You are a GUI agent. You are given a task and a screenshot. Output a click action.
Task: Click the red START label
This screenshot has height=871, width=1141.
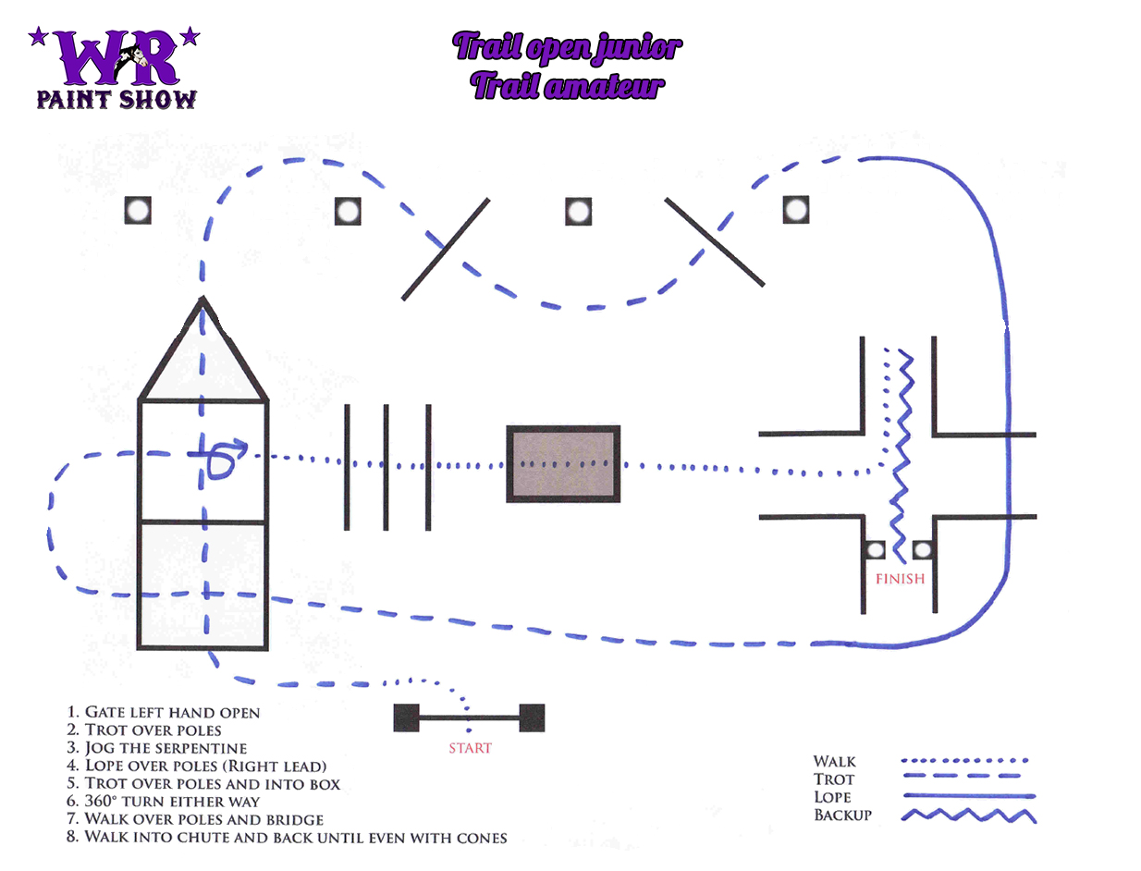coord(470,748)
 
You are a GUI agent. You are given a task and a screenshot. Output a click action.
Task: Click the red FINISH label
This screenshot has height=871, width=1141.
coord(900,580)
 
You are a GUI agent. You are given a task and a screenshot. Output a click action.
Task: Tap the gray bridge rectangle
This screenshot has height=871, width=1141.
coord(563,464)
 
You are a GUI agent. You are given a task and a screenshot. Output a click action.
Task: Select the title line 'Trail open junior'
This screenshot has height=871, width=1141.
coord(568,47)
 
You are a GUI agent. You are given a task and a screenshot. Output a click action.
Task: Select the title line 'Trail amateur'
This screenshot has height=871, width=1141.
coord(567,87)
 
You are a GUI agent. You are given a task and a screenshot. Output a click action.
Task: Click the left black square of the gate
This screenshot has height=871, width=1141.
coord(407,718)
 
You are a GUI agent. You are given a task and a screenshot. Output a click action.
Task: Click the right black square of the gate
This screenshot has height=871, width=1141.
coord(532,718)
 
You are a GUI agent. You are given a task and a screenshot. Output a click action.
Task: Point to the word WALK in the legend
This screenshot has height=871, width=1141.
coord(834,762)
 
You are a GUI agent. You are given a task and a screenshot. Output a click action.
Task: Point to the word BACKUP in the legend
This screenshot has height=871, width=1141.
coord(842,815)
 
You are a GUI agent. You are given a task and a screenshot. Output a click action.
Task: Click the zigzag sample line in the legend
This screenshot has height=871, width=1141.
coord(967,816)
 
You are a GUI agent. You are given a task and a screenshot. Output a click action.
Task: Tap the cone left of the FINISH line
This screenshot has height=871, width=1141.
coord(875,551)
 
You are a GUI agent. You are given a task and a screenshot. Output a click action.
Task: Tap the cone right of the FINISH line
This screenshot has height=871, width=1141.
coord(922,551)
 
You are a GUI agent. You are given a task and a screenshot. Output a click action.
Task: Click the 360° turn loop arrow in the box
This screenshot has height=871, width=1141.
coord(222,459)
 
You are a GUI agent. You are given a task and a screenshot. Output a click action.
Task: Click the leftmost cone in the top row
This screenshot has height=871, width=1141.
coord(138,211)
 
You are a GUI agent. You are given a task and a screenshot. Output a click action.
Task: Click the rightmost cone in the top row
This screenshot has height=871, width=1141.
coord(796,210)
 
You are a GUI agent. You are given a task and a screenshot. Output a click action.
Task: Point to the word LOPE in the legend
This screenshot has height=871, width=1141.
coord(832,797)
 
